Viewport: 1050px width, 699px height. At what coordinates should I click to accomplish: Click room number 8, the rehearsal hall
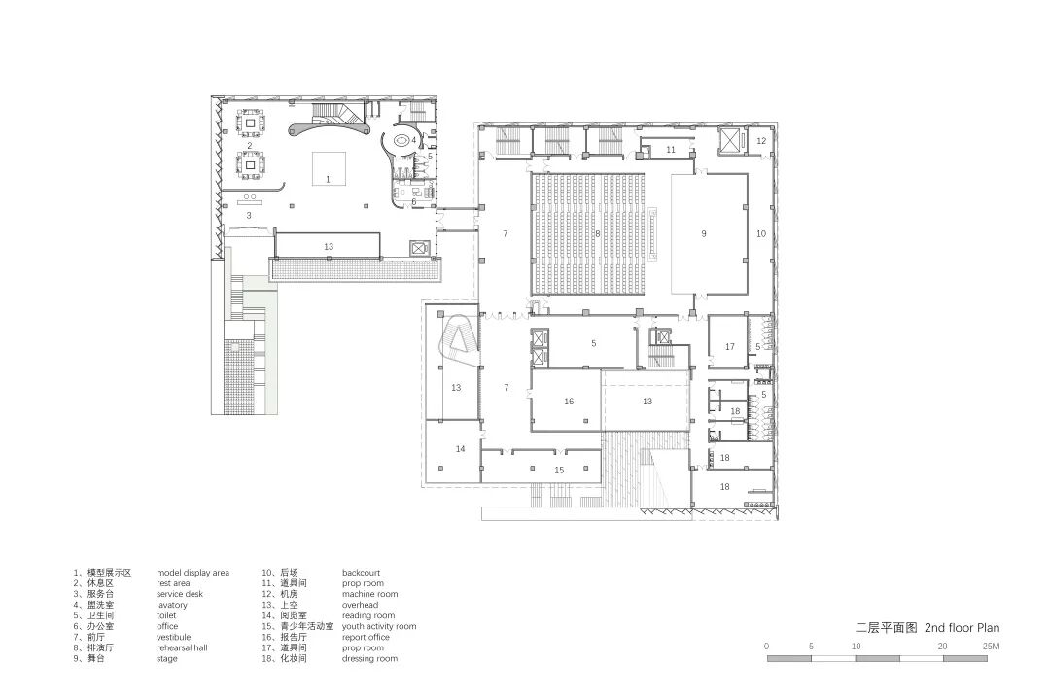598,234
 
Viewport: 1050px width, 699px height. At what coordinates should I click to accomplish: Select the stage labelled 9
704,234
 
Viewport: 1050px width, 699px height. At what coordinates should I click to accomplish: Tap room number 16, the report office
569,402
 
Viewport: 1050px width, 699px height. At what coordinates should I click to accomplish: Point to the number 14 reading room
460,449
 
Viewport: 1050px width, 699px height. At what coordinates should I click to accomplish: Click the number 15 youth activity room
559,470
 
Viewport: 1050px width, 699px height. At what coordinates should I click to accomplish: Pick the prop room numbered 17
730,347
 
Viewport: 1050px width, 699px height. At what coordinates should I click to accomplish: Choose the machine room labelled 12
761,141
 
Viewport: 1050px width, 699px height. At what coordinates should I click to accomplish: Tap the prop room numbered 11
671,150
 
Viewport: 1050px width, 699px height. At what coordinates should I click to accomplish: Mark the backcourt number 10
761,234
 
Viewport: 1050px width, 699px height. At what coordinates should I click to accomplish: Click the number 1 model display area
329,180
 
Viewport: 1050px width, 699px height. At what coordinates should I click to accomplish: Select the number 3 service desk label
249,216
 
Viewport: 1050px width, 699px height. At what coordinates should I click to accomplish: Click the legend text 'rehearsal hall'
182,648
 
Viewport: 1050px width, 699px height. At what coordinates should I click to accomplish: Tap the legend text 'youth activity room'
379,627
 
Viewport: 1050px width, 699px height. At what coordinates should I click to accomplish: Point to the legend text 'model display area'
192,574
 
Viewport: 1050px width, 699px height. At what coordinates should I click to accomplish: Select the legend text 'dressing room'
369,659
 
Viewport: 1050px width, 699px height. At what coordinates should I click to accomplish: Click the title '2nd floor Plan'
962,628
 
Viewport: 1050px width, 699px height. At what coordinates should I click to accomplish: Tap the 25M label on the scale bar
991,647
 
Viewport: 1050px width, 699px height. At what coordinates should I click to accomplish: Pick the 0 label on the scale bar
767,647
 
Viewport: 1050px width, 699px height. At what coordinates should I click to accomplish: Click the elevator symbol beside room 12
730,141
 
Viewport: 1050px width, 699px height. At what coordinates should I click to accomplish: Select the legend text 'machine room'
369,595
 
